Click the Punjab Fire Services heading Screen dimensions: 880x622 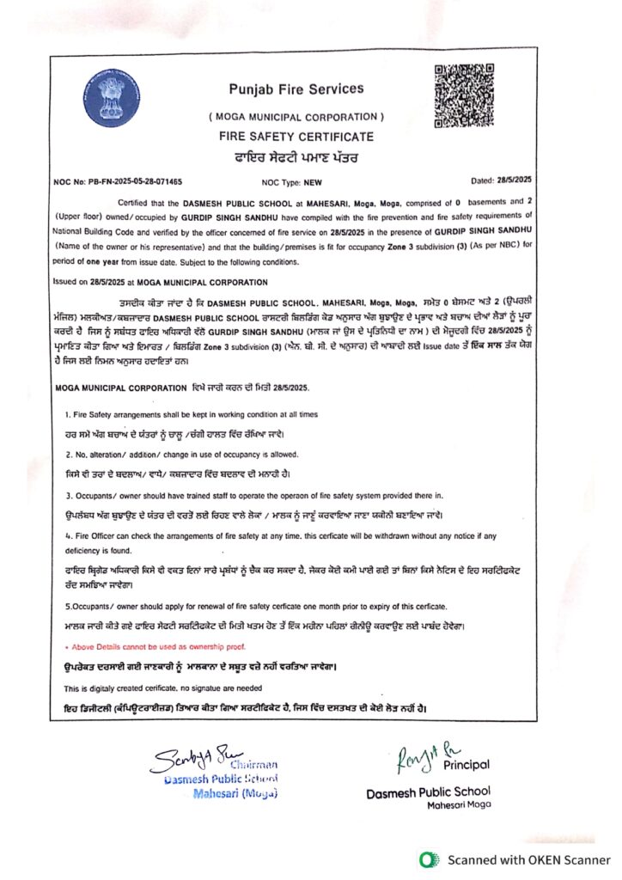pyautogui.click(x=296, y=89)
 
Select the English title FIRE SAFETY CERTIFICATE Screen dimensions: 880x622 pyautogui.click(x=296, y=137)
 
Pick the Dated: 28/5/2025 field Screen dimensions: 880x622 pyautogui.click(x=503, y=180)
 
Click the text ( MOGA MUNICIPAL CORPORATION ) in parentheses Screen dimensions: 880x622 pyautogui.click(x=296, y=116)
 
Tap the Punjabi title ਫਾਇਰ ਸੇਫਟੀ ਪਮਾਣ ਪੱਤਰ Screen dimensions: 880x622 pyautogui.click(x=296, y=157)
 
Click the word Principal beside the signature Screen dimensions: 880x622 pyautogui.click(x=466, y=764)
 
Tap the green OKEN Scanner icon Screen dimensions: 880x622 pyautogui.click(x=426, y=859)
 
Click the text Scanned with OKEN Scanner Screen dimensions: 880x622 pyautogui.click(x=528, y=859)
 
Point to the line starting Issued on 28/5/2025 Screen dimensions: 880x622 pyautogui.click(x=161, y=281)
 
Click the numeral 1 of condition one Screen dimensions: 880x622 pyautogui.click(x=69, y=414)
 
